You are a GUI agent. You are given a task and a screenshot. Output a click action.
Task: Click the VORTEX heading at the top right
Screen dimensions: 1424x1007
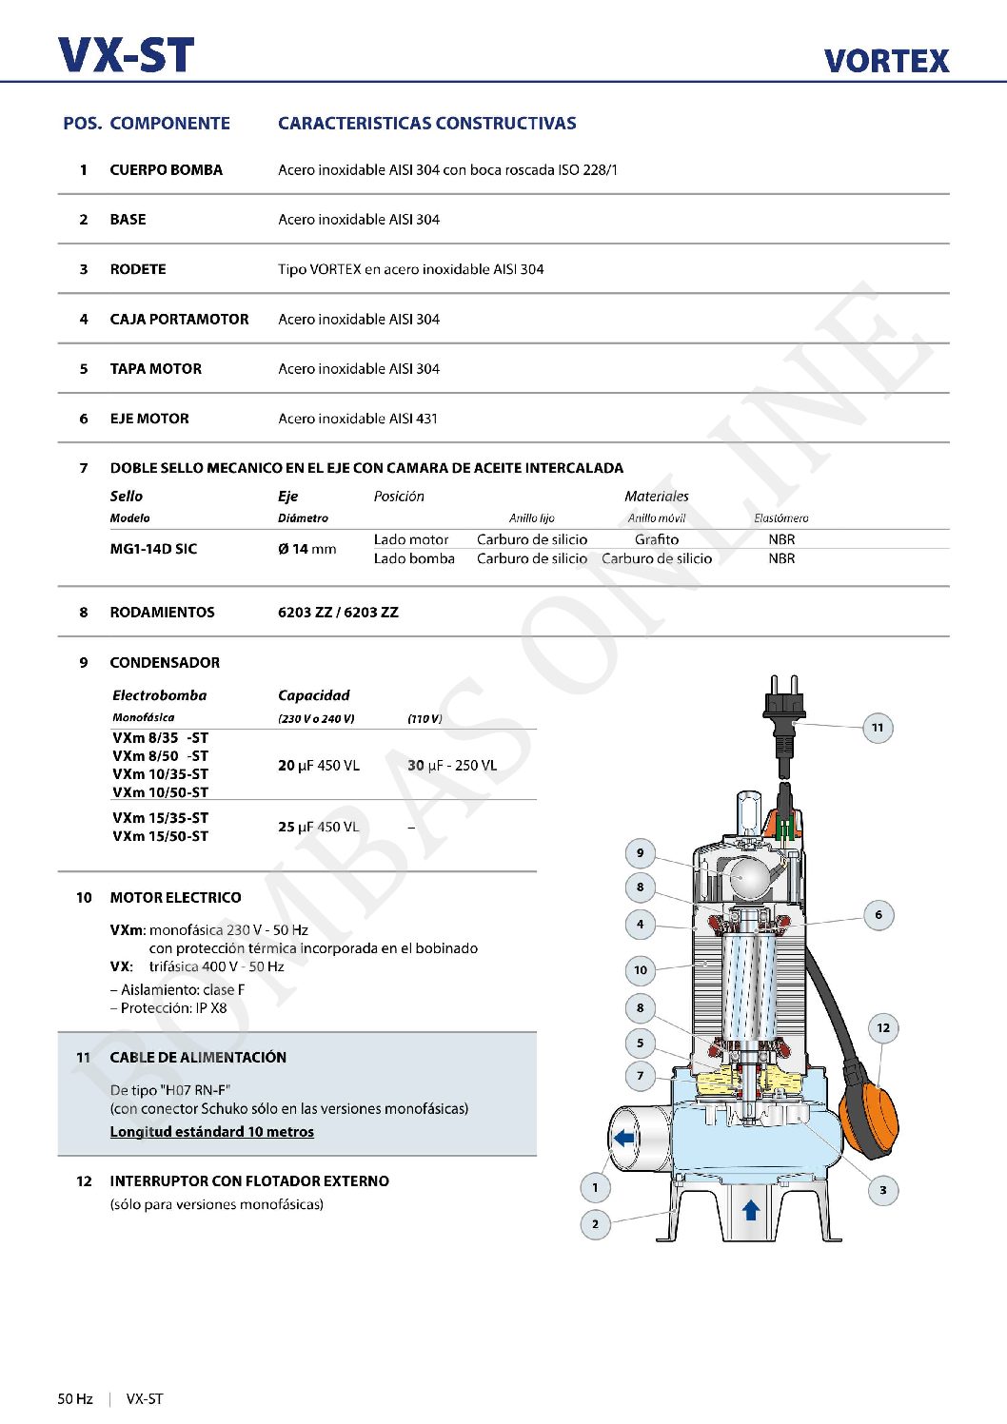pos(886,61)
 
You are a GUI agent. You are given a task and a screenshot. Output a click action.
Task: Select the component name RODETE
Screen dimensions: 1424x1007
pos(138,269)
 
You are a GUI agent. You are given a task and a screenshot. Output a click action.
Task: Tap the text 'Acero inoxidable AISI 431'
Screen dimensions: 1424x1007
pos(358,419)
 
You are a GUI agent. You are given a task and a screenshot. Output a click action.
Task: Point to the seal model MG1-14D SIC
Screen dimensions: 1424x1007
pos(153,549)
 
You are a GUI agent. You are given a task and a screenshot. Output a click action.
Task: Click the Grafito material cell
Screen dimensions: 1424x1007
pos(657,539)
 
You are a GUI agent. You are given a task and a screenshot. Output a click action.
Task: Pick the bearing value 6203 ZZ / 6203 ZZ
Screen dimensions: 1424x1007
pos(338,613)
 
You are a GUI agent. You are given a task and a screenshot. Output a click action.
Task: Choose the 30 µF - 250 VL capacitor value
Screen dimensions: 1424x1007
pos(452,765)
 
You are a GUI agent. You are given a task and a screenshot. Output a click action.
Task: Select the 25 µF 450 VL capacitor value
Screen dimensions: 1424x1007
pos(319,827)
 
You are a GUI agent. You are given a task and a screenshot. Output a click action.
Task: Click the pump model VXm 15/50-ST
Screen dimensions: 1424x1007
pos(160,836)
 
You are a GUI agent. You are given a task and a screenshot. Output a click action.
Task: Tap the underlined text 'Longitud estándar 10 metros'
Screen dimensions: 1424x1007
pos(211,1132)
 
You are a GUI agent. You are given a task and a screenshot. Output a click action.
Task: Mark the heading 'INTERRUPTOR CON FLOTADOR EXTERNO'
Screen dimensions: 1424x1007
pos(249,1181)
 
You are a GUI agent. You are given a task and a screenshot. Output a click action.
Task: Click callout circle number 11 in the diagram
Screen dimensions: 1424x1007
pos(878,728)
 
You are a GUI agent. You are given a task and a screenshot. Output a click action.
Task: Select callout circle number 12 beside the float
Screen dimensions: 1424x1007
pos(883,1027)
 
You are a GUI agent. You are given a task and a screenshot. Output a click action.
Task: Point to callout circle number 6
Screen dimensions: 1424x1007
pos(879,915)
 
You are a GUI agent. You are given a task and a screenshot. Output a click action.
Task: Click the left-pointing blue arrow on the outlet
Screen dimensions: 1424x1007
pos(624,1138)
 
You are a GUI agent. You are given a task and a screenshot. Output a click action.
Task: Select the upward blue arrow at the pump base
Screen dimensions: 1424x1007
pos(751,1210)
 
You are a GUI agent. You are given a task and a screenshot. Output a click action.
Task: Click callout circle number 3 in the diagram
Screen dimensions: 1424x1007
pos(883,1190)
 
